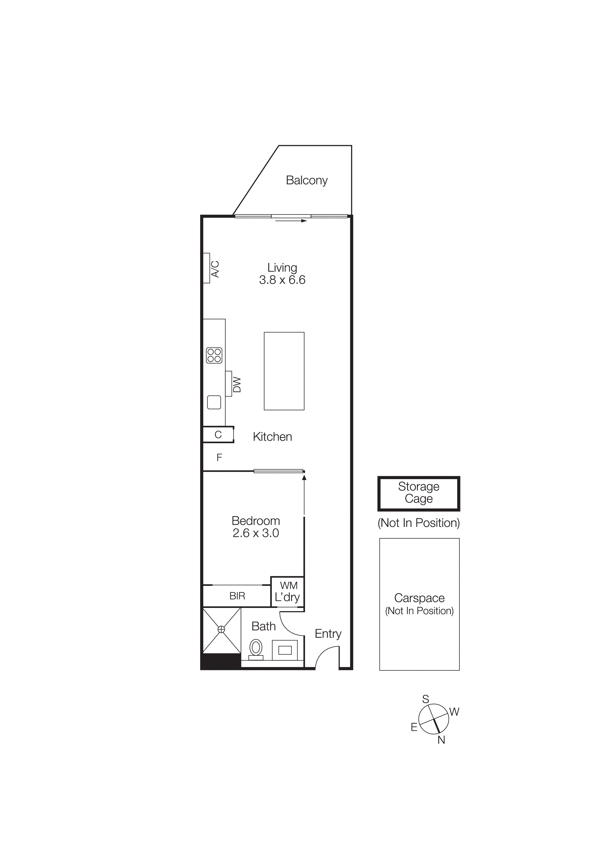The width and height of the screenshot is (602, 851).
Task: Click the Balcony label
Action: click(306, 180)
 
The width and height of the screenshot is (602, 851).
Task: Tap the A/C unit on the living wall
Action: click(207, 268)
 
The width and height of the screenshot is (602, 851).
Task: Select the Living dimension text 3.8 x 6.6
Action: click(282, 280)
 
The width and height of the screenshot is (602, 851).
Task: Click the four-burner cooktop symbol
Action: click(214, 355)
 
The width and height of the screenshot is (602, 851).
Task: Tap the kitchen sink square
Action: click(214, 402)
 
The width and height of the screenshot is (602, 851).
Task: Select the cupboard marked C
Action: click(218, 434)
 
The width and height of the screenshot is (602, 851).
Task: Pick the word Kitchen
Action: click(272, 437)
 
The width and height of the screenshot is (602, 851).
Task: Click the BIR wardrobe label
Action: click(237, 596)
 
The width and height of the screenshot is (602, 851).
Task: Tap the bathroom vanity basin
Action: click(285, 650)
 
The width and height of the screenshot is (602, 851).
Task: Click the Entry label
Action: click(328, 634)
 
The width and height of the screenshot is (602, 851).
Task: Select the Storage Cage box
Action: click(419, 493)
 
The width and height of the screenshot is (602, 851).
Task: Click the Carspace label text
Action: click(419, 598)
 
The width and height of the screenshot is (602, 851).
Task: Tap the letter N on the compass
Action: click(441, 740)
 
